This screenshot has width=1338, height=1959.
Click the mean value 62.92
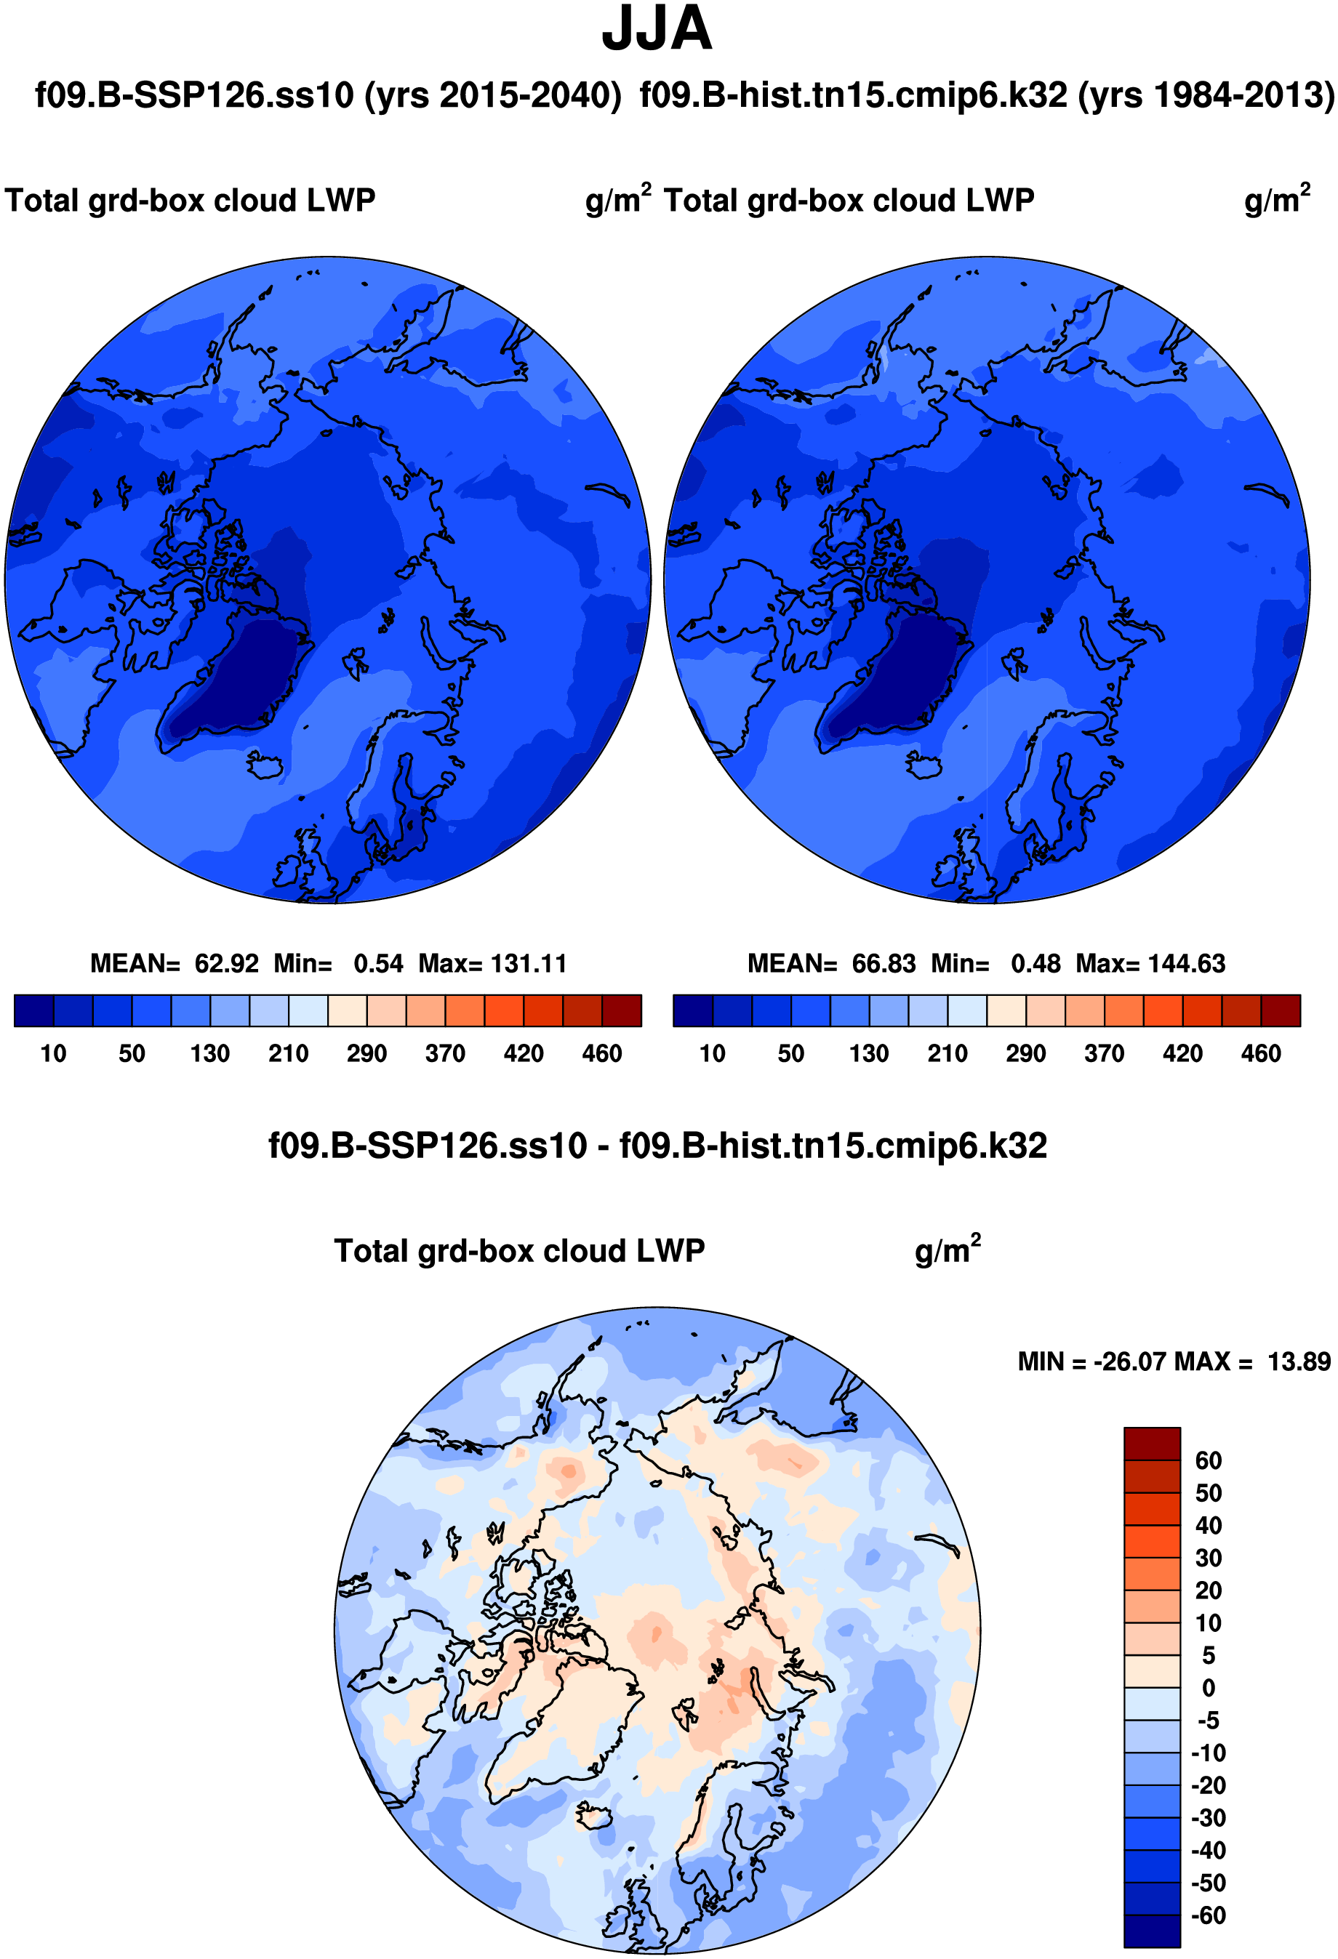pos(226,963)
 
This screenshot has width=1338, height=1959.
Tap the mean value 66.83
pos(884,963)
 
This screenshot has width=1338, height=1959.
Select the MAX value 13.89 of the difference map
pos(1299,1361)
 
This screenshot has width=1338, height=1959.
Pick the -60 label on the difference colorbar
pos(1208,1915)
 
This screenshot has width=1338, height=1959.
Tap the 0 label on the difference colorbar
pos(1208,1689)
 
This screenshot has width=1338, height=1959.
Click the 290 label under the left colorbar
pos(366,1054)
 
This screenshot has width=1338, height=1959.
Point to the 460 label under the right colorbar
pos(1260,1054)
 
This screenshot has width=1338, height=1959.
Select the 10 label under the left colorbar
pos(53,1054)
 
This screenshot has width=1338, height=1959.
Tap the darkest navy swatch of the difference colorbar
pos(1152,1931)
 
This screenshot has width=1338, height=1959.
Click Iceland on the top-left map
pos(268,765)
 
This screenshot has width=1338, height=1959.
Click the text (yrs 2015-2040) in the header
pos(493,95)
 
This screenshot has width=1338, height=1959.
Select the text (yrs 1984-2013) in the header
pos(1206,95)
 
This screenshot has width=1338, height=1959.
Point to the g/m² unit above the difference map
pos(947,1251)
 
